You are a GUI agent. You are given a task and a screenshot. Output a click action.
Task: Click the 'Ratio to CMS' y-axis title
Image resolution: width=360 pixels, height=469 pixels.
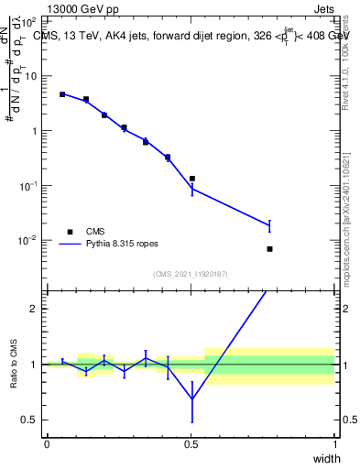[14, 364]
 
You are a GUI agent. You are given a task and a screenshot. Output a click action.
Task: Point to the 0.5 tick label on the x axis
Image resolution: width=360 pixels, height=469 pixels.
[191, 443]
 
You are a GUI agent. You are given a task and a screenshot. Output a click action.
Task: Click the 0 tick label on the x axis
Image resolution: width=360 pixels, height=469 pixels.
[47, 443]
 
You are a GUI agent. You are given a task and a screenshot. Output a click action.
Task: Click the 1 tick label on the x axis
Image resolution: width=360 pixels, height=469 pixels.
[335, 443]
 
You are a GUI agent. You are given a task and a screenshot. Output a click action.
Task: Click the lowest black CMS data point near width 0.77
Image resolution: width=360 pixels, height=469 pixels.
[269, 249]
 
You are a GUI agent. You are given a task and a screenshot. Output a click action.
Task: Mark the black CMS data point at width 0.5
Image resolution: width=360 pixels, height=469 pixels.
[191, 179]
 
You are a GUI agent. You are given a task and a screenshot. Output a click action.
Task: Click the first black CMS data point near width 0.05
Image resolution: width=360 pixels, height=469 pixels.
[62, 94]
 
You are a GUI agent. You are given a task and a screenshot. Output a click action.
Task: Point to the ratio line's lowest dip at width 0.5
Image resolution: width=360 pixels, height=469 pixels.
[191, 398]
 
